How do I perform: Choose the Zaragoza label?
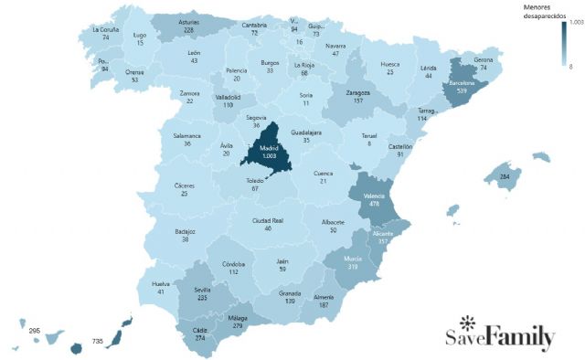pyautogui.click(x=358, y=92)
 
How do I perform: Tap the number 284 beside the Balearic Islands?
pyautogui.click(x=504, y=176)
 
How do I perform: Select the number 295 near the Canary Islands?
pyautogui.click(x=35, y=330)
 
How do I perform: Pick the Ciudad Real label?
pyautogui.click(x=268, y=220)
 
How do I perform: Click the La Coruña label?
pyautogui.click(x=106, y=28)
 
